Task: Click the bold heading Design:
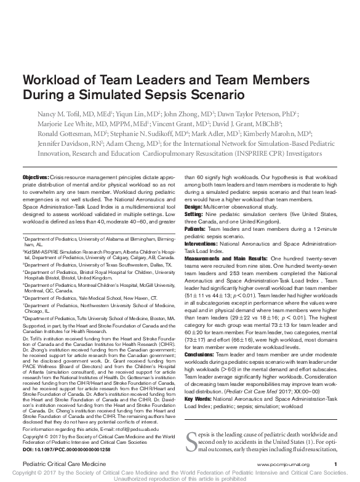(194, 207)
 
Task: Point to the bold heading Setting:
(195, 215)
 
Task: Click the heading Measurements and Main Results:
(224, 259)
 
